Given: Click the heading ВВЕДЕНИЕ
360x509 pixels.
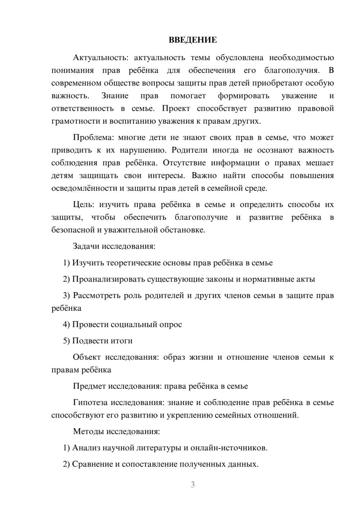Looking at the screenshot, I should (x=193, y=40).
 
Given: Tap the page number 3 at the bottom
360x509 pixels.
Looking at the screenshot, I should (x=193, y=485).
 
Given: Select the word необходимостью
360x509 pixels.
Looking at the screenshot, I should (x=301, y=58).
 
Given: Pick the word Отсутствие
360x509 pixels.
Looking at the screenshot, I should (x=184, y=163).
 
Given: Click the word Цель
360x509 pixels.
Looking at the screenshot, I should (x=83, y=204).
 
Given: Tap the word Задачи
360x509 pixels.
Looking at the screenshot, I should (x=86, y=247).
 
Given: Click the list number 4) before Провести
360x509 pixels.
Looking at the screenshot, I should (x=66, y=324).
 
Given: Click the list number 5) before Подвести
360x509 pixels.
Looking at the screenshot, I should (x=66, y=341).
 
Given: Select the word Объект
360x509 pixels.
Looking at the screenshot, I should (x=87, y=357).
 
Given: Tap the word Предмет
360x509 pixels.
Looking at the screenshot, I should (x=90, y=386).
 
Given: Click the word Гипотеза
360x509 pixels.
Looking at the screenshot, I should (x=90, y=402).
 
